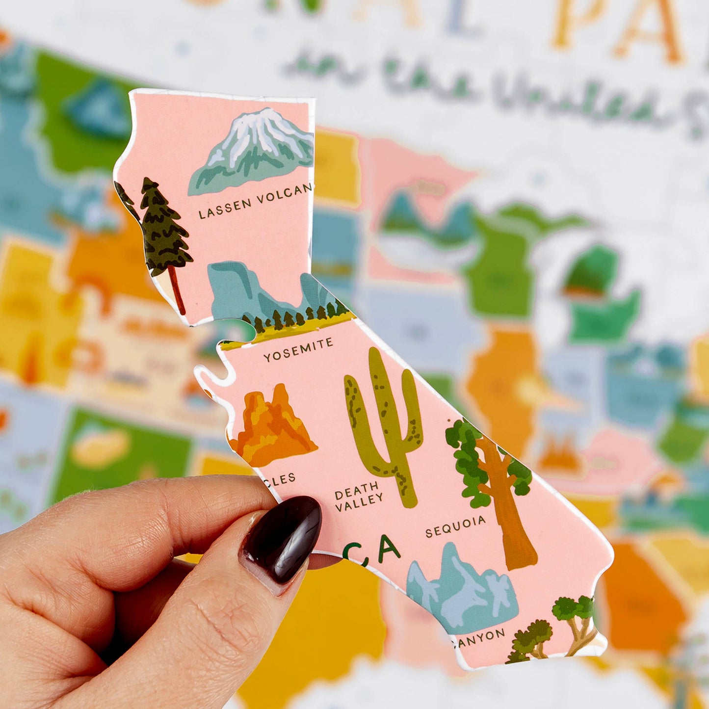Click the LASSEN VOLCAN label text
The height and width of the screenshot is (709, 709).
(255, 201)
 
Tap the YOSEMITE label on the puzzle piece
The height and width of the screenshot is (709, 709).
(298, 349)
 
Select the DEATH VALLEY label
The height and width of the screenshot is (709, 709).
(358, 496)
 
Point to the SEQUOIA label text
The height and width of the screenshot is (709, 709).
(455, 526)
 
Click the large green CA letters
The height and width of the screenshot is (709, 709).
(373, 551)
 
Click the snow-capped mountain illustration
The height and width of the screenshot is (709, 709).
(253, 150)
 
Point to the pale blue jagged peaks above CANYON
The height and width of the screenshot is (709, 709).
(461, 589)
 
